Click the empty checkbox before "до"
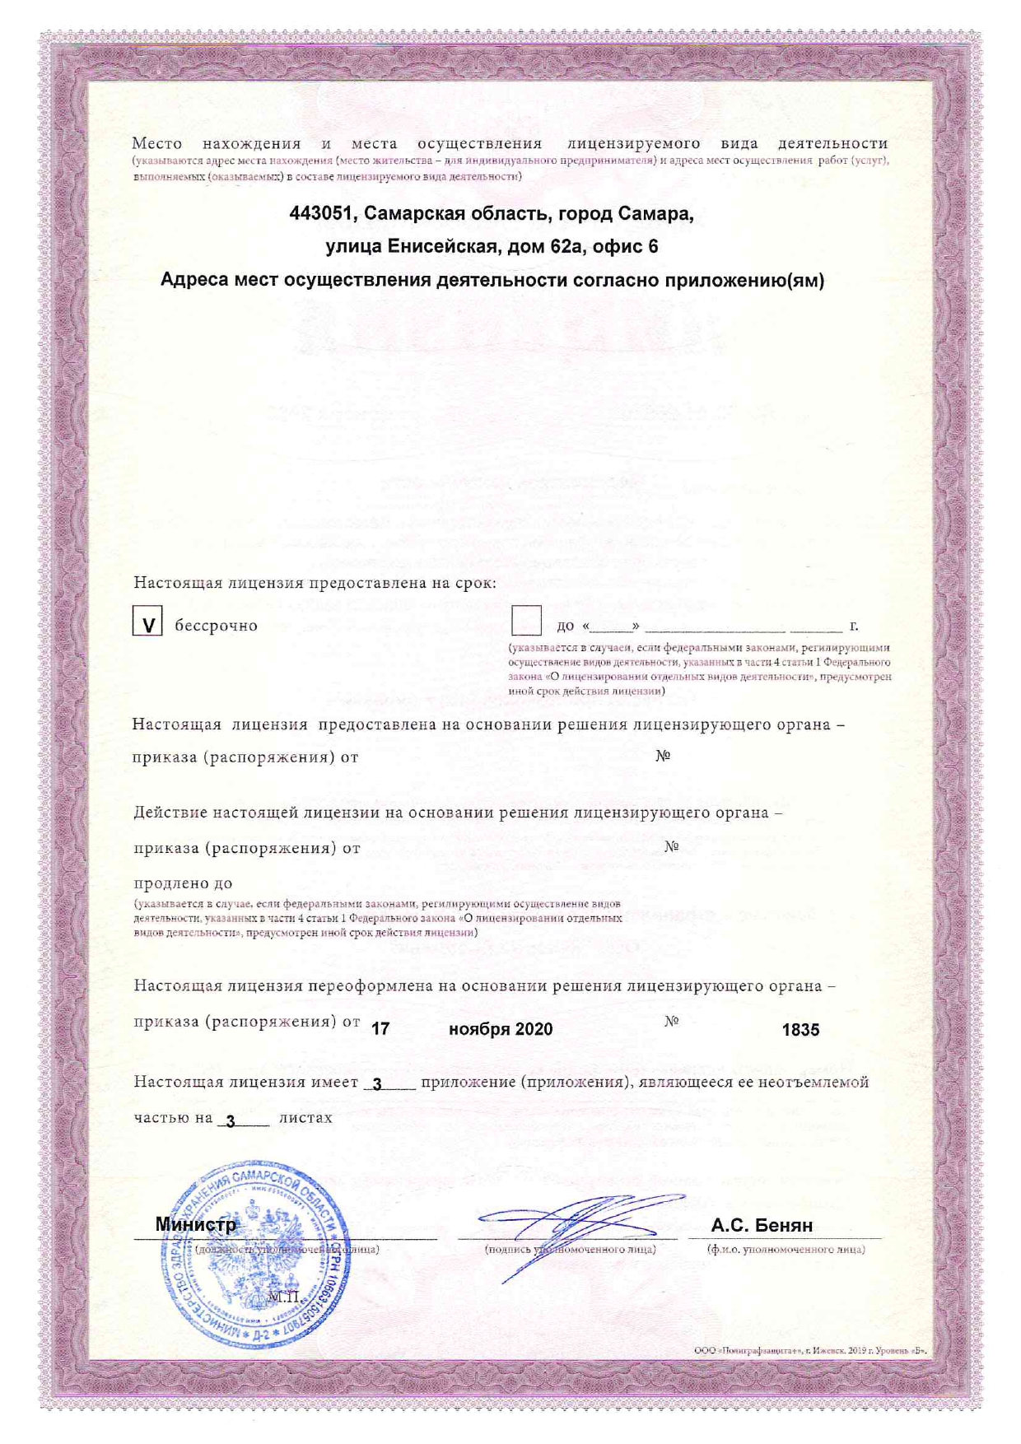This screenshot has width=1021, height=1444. pyautogui.click(x=526, y=621)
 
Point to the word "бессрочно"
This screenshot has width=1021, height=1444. pyautogui.click(x=216, y=626)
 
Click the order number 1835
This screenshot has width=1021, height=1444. pyautogui.click(x=800, y=1030)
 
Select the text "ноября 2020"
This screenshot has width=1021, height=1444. pyautogui.click(x=501, y=1030)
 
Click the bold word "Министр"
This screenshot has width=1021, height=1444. pyautogui.click(x=196, y=1225)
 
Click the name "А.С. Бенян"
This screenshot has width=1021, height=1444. pyautogui.click(x=762, y=1225)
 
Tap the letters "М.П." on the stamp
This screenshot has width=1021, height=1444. pyautogui.click(x=284, y=1297)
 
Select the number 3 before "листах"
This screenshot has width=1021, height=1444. pyautogui.click(x=231, y=1121)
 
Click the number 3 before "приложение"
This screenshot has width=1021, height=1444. pyautogui.click(x=377, y=1085)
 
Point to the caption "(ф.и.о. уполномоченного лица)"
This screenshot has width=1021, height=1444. pyautogui.click(x=786, y=1250)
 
